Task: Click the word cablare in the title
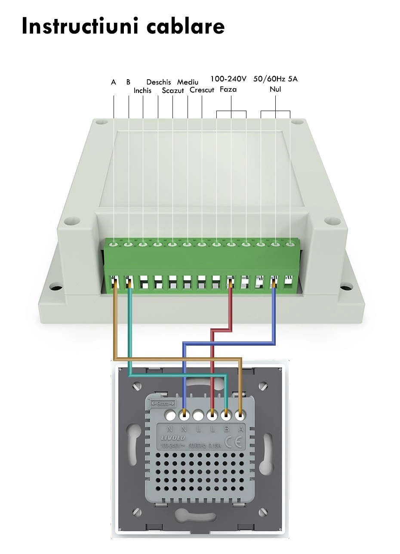[x=185, y=26]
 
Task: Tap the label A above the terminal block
[x=114, y=82]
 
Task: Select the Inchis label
[x=142, y=90]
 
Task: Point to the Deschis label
[x=158, y=82]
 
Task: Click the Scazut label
[x=173, y=90]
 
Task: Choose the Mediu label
[x=188, y=82]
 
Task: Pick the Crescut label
[x=202, y=90]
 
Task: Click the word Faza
[x=228, y=90]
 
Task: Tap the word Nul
[x=275, y=90]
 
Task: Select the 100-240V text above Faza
[x=228, y=79]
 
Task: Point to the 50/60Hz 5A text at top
[x=275, y=79]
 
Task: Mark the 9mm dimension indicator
[x=163, y=404]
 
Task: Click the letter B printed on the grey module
[x=226, y=429]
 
